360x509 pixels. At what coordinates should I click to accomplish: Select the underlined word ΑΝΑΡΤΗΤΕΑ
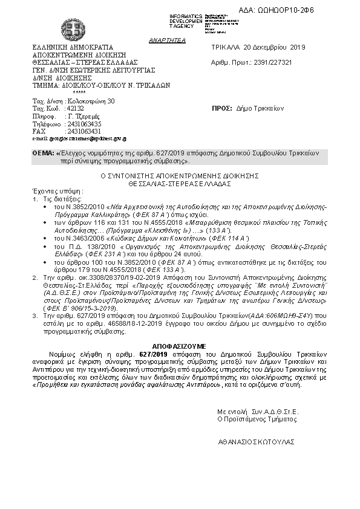point(163,39)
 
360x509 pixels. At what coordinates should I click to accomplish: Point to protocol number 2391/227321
point(280,62)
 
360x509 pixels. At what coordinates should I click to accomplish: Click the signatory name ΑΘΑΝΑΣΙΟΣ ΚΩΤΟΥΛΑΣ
point(257,442)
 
